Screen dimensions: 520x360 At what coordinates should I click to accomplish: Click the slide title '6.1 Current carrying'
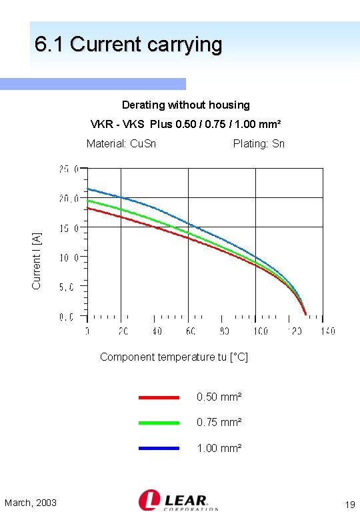(x=128, y=45)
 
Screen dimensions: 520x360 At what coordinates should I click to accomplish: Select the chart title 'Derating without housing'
(x=185, y=105)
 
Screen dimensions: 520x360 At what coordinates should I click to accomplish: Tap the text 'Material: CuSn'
(x=121, y=143)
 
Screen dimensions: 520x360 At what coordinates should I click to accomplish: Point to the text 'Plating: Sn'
(x=259, y=143)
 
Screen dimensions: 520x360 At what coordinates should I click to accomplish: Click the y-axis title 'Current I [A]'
(x=37, y=260)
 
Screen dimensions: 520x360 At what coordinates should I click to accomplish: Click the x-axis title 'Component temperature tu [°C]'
(x=173, y=357)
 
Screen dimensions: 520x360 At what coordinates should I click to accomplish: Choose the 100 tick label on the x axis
(x=259, y=331)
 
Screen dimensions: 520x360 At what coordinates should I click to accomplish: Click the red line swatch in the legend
(x=159, y=397)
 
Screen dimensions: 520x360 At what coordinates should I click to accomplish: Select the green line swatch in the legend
(x=159, y=423)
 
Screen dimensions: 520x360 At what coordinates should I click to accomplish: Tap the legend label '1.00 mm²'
(x=219, y=448)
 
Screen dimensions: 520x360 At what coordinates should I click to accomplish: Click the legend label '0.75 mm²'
(x=219, y=423)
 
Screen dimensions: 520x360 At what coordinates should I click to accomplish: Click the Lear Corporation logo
(x=178, y=501)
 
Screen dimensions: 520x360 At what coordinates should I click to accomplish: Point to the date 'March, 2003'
(x=31, y=503)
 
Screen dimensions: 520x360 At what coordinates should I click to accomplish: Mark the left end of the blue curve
(x=88, y=189)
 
